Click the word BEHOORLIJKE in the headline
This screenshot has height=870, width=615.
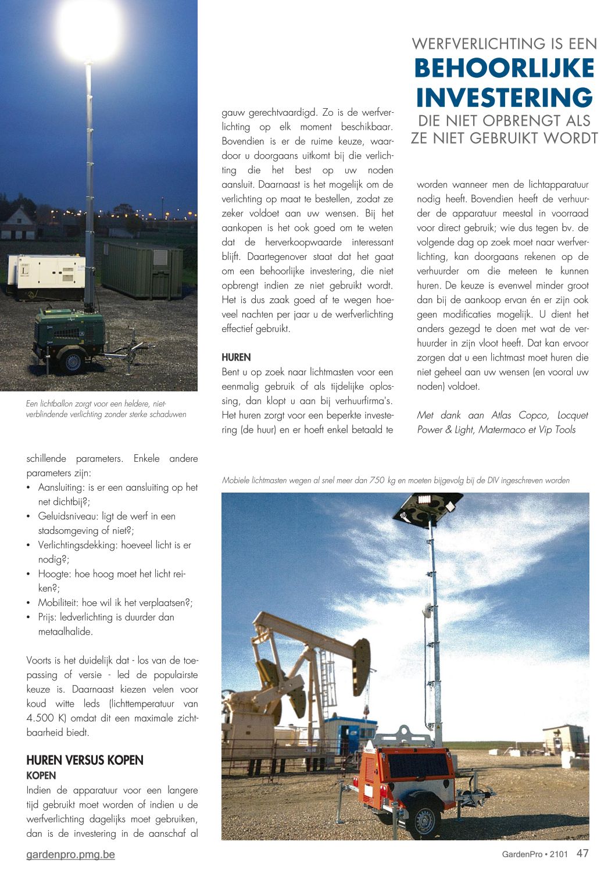point(504,69)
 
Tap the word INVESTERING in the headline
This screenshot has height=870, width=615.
point(504,97)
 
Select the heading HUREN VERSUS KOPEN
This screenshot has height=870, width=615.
point(85,760)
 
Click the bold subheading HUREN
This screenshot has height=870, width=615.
point(236,357)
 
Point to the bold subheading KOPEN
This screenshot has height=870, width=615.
point(41,775)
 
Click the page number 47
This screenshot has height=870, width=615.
point(582,853)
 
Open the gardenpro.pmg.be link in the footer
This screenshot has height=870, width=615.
point(70,854)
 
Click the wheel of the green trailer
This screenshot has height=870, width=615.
point(73,362)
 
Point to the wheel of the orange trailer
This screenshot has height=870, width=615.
point(424,820)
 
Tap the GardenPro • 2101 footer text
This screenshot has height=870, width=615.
point(535,854)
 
